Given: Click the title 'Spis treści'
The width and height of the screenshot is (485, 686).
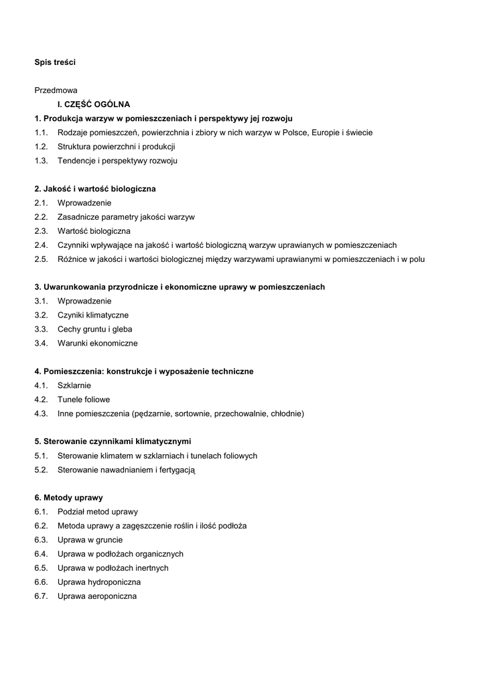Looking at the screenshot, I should point(55,62).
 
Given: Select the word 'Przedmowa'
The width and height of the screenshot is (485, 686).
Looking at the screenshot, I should point(56,90).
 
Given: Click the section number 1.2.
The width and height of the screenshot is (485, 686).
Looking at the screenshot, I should point(41,147).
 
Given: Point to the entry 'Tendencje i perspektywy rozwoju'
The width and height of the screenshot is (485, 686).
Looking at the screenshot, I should point(117,161).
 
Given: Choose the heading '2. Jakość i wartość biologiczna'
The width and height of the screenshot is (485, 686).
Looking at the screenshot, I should point(95,189).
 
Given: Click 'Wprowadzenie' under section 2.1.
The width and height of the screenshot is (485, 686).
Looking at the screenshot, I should point(84,203).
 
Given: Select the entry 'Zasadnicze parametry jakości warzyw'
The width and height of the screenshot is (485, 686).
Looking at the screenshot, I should point(126,217).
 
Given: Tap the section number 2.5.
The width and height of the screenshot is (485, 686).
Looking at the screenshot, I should point(41,259).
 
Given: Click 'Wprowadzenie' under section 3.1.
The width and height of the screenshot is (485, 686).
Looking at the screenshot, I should point(84,301).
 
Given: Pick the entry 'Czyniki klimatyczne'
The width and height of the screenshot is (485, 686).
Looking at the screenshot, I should point(93,316).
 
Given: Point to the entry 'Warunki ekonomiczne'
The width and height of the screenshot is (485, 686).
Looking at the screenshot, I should point(98,344).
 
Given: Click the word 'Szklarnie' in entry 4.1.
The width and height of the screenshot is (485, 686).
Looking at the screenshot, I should point(74,386).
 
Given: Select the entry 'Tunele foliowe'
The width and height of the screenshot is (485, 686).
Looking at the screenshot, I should point(84,400).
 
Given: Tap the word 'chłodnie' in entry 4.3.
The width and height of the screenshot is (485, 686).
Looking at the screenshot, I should point(286,414).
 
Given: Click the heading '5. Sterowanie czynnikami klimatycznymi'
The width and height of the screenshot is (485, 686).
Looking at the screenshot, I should point(113,442).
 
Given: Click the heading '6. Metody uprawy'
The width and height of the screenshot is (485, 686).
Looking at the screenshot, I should point(68,498).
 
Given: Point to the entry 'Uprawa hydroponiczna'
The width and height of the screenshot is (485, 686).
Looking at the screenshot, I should point(99,582).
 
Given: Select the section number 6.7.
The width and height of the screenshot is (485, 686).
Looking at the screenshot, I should point(41,596).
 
